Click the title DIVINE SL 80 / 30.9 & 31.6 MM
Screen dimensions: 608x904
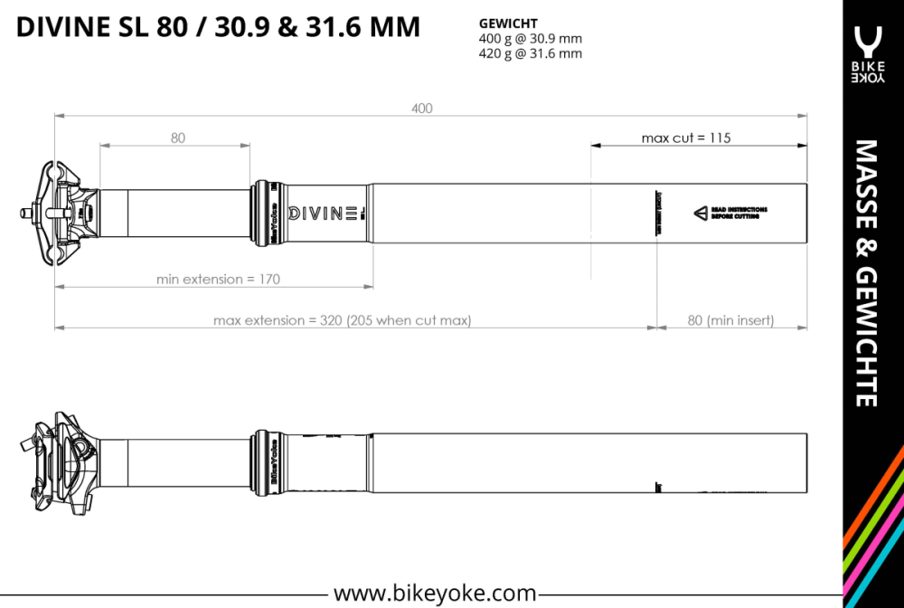[218, 27]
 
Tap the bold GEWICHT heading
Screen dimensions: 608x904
[507, 24]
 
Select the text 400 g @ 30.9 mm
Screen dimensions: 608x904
[530, 38]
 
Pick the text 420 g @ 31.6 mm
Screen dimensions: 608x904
[530, 53]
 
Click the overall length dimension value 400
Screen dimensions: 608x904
[421, 109]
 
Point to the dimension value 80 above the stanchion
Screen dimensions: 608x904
[177, 138]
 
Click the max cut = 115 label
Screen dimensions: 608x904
[685, 138]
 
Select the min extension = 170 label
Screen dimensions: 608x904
[218, 279]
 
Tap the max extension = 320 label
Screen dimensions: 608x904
[342, 320]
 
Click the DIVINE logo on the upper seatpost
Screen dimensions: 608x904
[324, 213]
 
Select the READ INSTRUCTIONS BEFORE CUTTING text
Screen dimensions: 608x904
[739, 213]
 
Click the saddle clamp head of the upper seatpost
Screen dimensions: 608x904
[63, 212]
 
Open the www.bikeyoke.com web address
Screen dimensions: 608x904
[435, 594]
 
